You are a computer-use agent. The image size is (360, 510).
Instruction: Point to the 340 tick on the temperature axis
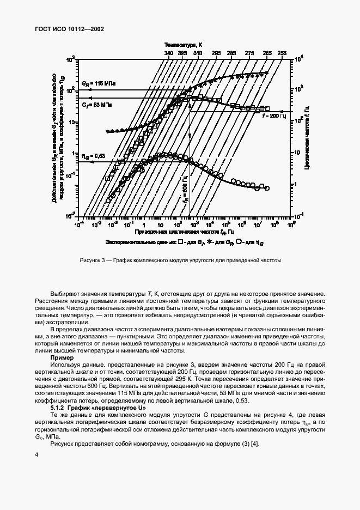pyautogui.click(x=168, y=53)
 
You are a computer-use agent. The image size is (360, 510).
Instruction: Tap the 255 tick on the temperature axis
pyautogui.click(x=282, y=53)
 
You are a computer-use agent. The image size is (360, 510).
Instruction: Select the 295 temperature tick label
pyautogui.click(x=216, y=53)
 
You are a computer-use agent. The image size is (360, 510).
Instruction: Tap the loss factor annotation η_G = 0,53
pyautogui.click(x=93, y=155)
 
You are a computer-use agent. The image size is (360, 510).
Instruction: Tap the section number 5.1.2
pyautogui.click(x=58, y=407)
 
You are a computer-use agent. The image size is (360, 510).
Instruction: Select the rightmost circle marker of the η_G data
pyautogui.click(x=267, y=188)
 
